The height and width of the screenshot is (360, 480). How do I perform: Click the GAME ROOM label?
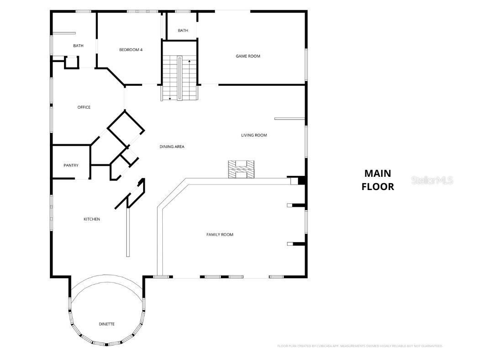(x=248, y=56)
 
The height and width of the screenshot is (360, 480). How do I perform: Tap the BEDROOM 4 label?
(x=131, y=50)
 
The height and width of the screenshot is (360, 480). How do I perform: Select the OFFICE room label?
(x=84, y=107)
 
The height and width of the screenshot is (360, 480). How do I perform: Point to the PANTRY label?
(x=71, y=165)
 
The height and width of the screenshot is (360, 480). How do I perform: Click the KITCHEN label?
(x=91, y=219)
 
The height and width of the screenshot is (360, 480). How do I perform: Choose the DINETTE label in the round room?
(x=107, y=324)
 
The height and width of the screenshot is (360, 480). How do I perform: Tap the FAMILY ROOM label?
(x=220, y=235)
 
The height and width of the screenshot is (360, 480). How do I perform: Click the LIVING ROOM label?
(x=254, y=135)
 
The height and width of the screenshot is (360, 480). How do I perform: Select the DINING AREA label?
(x=172, y=147)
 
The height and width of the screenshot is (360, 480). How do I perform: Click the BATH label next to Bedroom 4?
(x=78, y=46)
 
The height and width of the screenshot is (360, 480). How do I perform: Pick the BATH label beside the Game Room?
(x=183, y=31)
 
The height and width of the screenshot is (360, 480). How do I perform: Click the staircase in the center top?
(x=180, y=78)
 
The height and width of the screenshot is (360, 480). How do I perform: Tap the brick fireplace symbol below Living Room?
(x=241, y=169)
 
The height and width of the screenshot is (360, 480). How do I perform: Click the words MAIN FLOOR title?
(x=378, y=180)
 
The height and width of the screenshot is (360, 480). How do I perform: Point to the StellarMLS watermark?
(x=432, y=180)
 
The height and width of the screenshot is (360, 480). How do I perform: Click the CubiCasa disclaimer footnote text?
(x=360, y=346)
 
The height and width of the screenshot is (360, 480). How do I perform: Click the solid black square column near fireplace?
(x=301, y=181)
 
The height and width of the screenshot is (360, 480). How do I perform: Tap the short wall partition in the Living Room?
(x=289, y=119)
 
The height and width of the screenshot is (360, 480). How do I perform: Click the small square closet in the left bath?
(x=72, y=62)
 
